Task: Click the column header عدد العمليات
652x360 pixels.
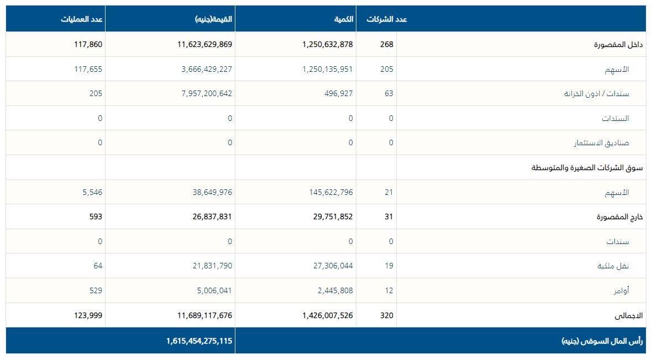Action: tap(82, 19)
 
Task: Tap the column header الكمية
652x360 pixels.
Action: tap(343, 19)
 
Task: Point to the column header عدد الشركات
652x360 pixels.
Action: tap(387, 19)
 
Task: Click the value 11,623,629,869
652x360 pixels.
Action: tap(204, 44)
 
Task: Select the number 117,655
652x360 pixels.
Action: tap(88, 69)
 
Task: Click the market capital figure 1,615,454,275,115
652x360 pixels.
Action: tap(199, 341)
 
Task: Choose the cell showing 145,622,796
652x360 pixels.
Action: tap(331, 192)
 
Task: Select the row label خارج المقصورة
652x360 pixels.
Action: tap(621, 217)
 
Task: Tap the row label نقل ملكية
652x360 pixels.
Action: tap(614, 266)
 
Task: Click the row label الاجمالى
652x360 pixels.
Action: tap(629, 316)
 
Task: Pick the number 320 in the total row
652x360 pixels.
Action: tap(387, 316)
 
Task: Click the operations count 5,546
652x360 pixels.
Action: tap(92, 192)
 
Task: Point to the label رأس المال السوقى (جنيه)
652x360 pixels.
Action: tap(602, 341)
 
